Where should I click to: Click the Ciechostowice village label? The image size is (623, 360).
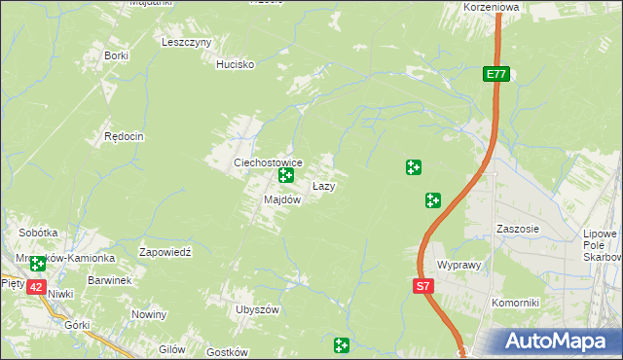click(267, 162)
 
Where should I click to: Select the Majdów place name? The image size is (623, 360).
click(282, 199)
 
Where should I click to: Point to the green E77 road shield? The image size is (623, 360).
click(496, 74)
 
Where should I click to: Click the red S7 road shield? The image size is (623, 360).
click(422, 286)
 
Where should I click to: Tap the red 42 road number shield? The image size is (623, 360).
click(36, 287)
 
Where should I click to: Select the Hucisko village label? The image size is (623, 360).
click(235, 64)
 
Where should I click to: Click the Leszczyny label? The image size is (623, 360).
click(187, 43)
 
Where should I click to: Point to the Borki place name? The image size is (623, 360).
click(117, 55)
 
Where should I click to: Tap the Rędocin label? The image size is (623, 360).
click(124, 137)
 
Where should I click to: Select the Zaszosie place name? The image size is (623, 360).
click(517, 229)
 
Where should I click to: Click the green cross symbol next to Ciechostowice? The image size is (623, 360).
click(286, 176)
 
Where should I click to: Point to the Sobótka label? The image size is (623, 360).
click(39, 234)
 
